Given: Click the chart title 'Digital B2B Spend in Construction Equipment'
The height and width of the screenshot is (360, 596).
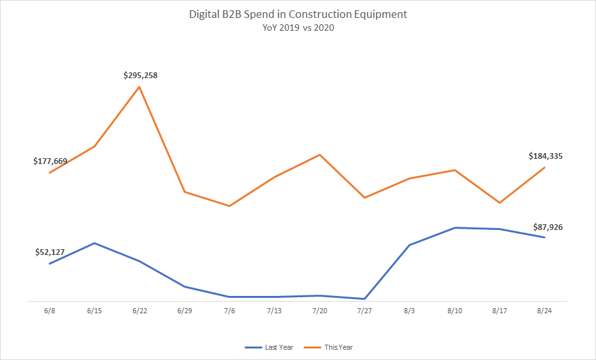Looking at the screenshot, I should [x=298, y=14].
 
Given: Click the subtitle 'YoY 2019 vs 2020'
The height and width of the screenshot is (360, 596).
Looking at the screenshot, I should [x=298, y=28].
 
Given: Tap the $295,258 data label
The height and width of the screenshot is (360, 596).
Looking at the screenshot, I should [x=140, y=75].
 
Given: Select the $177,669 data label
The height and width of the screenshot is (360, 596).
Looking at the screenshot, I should [x=50, y=161].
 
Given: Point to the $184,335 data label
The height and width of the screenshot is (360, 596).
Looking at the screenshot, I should [x=545, y=156].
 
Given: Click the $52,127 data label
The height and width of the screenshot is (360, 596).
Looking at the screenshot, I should [x=50, y=252].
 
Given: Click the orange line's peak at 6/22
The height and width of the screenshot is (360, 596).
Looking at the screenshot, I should [x=140, y=86].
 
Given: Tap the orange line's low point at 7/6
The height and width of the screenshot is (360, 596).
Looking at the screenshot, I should [x=229, y=206].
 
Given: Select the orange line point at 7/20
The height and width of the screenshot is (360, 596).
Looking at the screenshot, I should [x=319, y=155].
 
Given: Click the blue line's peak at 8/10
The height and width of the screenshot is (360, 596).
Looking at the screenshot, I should [x=455, y=227].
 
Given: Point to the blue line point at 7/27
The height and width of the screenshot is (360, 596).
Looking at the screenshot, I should [x=364, y=299].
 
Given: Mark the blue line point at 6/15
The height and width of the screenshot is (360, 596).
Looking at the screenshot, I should [x=95, y=243].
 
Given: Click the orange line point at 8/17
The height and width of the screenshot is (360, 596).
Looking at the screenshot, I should [x=499, y=202].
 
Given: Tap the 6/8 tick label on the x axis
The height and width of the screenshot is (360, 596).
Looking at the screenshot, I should [x=49, y=311].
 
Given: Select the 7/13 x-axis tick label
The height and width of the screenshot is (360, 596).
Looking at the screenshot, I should [x=274, y=311].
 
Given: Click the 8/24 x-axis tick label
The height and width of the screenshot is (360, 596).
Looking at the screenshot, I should [x=544, y=311].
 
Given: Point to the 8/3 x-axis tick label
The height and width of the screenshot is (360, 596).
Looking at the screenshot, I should [x=409, y=311].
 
